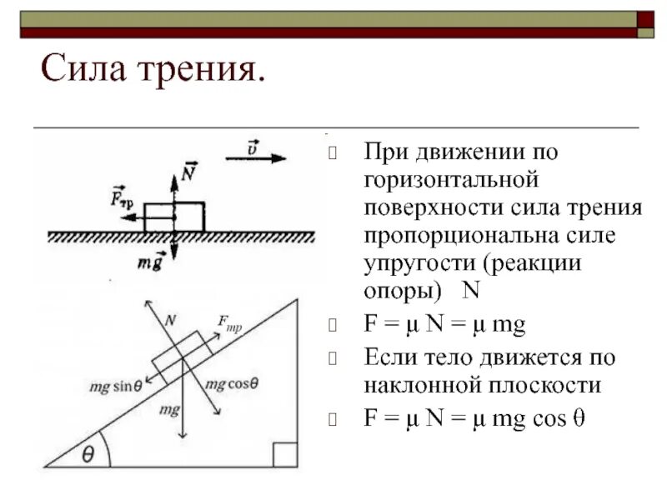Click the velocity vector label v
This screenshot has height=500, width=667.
[253, 147]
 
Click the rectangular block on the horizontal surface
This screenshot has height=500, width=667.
[174, 217]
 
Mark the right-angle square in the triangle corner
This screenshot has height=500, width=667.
[284, 455]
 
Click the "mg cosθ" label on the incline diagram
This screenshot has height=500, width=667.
[231, 383]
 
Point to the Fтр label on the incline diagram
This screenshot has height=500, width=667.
[229, 322]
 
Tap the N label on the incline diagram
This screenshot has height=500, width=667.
[170, 318]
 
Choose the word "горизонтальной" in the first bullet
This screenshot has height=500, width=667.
[454, 179]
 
